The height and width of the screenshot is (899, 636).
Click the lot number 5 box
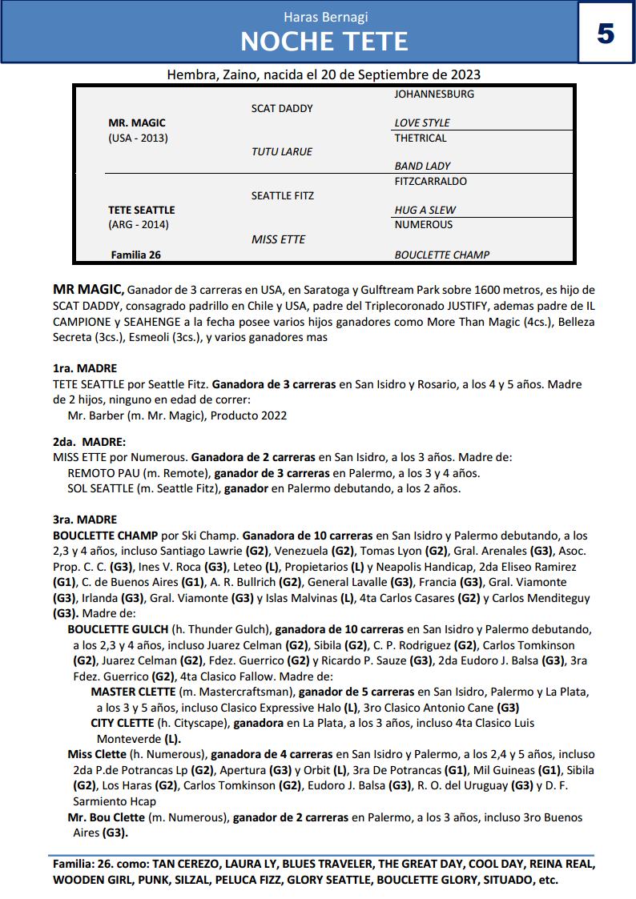tap(606, 34)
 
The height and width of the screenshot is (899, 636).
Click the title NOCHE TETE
tap(324, 41)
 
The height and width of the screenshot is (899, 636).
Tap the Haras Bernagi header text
tap(325, 17)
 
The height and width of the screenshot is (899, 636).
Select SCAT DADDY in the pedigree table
tap(282, 108)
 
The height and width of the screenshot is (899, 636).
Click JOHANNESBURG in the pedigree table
tap(434, 94)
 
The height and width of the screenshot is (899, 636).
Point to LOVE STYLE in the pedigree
tap(422, 122)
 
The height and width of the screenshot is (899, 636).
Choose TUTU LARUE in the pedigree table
tap(282, 151)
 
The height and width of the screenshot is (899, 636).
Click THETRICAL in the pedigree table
tap(421, 138)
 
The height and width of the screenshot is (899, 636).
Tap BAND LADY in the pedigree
tap(422, 166)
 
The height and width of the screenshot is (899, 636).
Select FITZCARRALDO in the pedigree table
tap(431, 181)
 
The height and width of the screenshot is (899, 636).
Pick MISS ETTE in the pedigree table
tap(278, 239)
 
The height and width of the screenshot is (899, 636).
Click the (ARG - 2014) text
tap(139, 224)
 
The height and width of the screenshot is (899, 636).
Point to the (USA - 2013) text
tap(138, 138)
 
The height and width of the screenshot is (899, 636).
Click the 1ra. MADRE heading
tap(85, 368)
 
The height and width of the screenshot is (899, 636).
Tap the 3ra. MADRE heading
tap(85, 519)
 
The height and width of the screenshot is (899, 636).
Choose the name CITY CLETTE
tap(123, 723)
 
